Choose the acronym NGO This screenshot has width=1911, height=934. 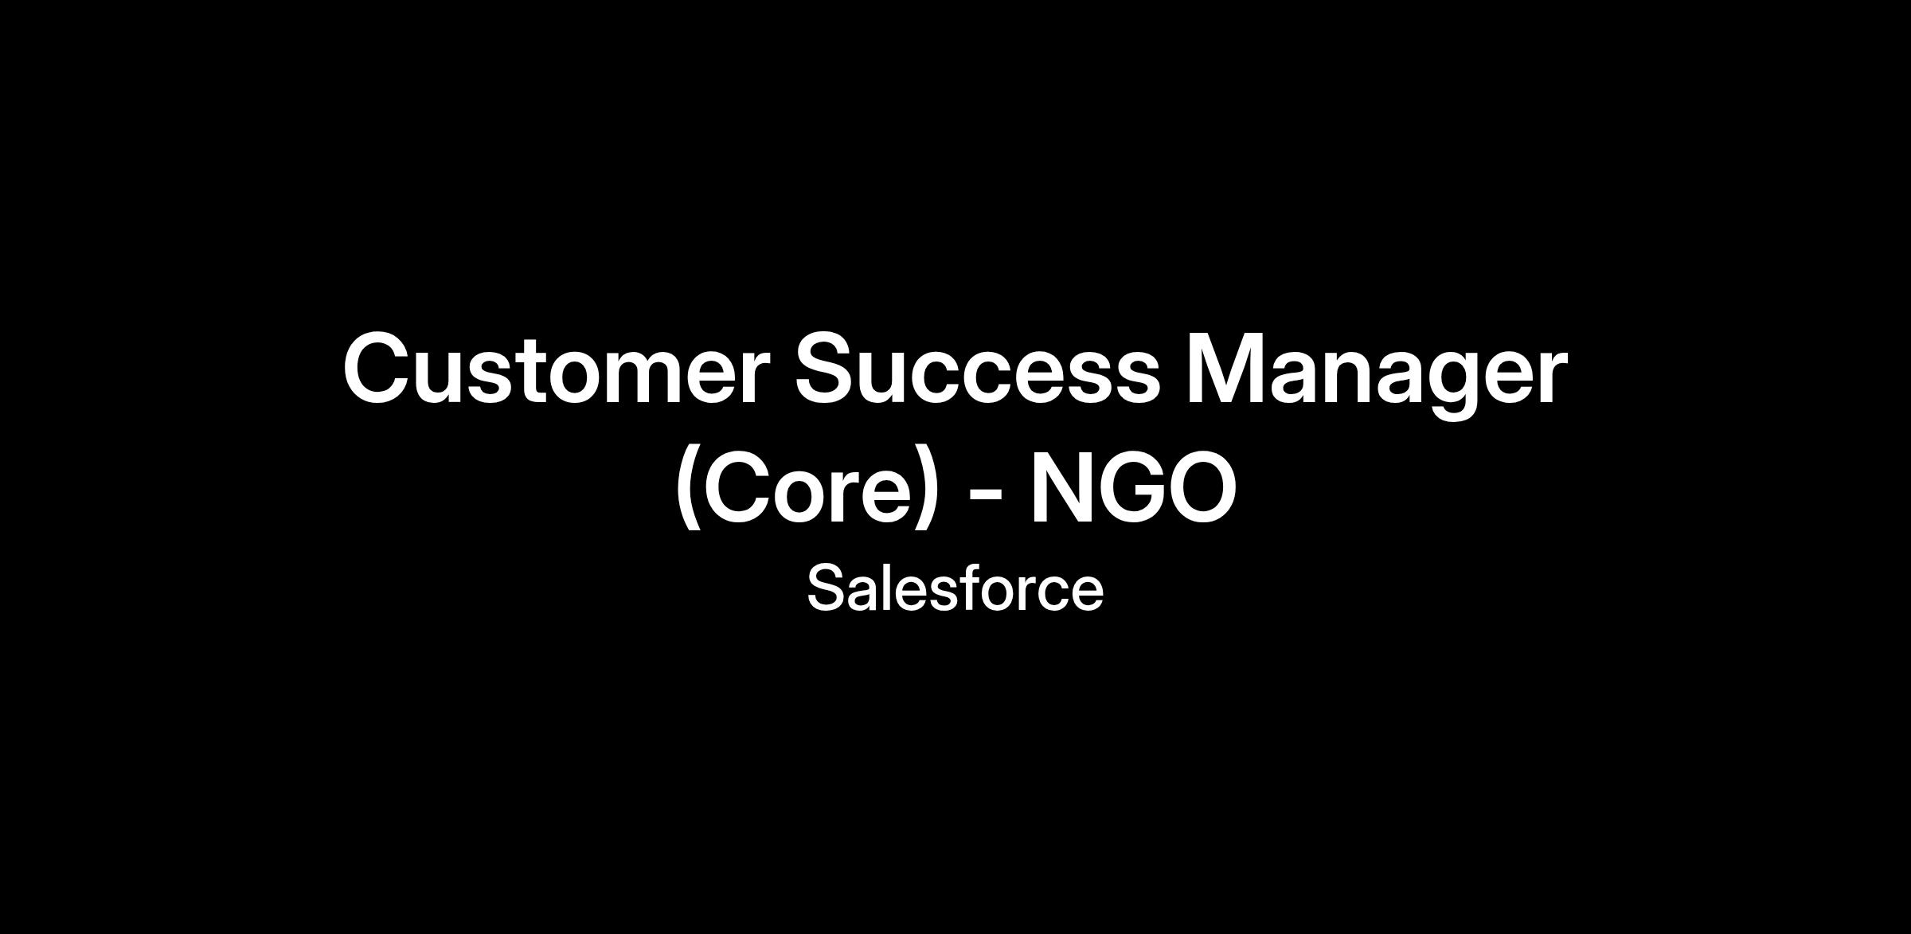coord(1134,487)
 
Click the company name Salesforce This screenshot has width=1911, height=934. coord(955,588)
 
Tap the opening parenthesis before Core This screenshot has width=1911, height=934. coord(687,488)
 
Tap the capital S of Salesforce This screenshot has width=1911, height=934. coord(829,588)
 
